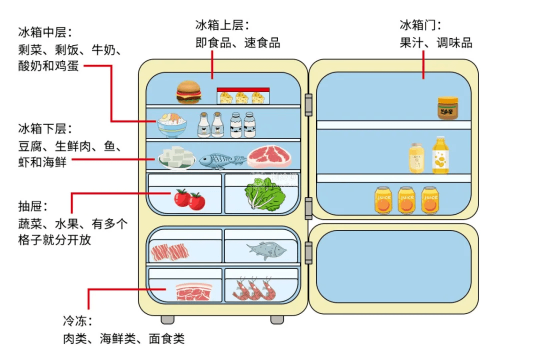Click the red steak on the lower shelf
[269, 156]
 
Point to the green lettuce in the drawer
[264, 195]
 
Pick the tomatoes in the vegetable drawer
[189, 199]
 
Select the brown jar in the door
[447, 108]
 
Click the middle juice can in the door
[406, 200]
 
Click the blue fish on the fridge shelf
[222, 160]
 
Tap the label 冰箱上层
[222, 25]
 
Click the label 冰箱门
[420, 25]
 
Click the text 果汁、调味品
[435, 43]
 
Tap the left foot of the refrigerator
[167, 319]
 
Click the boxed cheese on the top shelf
[242, 96]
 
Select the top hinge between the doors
[308, 104]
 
